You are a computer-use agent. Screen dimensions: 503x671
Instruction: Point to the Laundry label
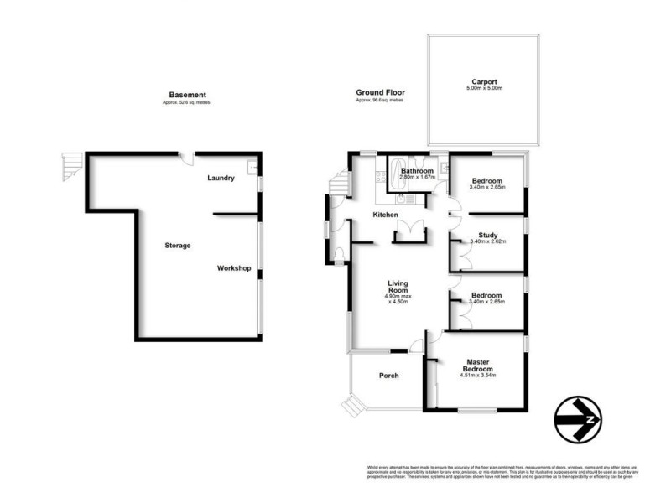tap(221, 178)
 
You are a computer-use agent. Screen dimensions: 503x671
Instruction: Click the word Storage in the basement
tap(178, 246)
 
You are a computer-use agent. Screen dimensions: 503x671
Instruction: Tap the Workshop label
tap(234, 268)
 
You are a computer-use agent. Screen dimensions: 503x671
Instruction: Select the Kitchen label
tap(386, 215)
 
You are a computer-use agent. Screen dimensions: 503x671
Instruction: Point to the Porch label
tap(388, 376)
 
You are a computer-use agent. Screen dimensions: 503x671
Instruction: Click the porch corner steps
tap(352, 406)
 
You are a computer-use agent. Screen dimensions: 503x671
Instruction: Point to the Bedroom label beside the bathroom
tap(486, 181)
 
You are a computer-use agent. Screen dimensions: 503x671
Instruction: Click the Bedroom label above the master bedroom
tap(486, 295)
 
